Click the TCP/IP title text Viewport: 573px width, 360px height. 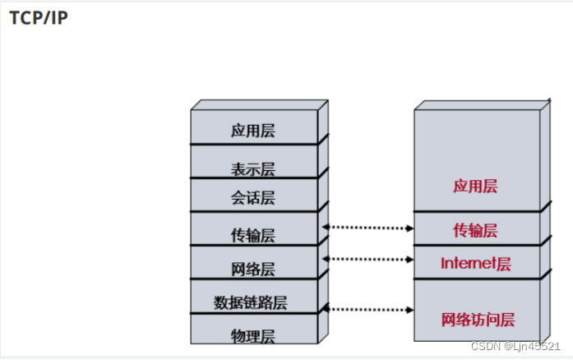39,18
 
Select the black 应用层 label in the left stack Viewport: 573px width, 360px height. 252,131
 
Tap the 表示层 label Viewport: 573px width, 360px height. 252,169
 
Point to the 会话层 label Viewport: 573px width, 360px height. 252,197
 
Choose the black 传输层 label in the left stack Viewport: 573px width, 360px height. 252,235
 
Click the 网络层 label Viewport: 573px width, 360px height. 252,269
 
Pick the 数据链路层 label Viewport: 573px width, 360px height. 251,302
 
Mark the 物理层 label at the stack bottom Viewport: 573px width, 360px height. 252,336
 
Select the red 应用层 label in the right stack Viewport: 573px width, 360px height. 475,187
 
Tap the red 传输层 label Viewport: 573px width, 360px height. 475,230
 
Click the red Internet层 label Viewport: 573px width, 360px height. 476,264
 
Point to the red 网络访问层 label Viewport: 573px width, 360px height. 478,319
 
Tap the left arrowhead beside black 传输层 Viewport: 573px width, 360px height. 326,226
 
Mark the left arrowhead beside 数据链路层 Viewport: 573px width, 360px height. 326,307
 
